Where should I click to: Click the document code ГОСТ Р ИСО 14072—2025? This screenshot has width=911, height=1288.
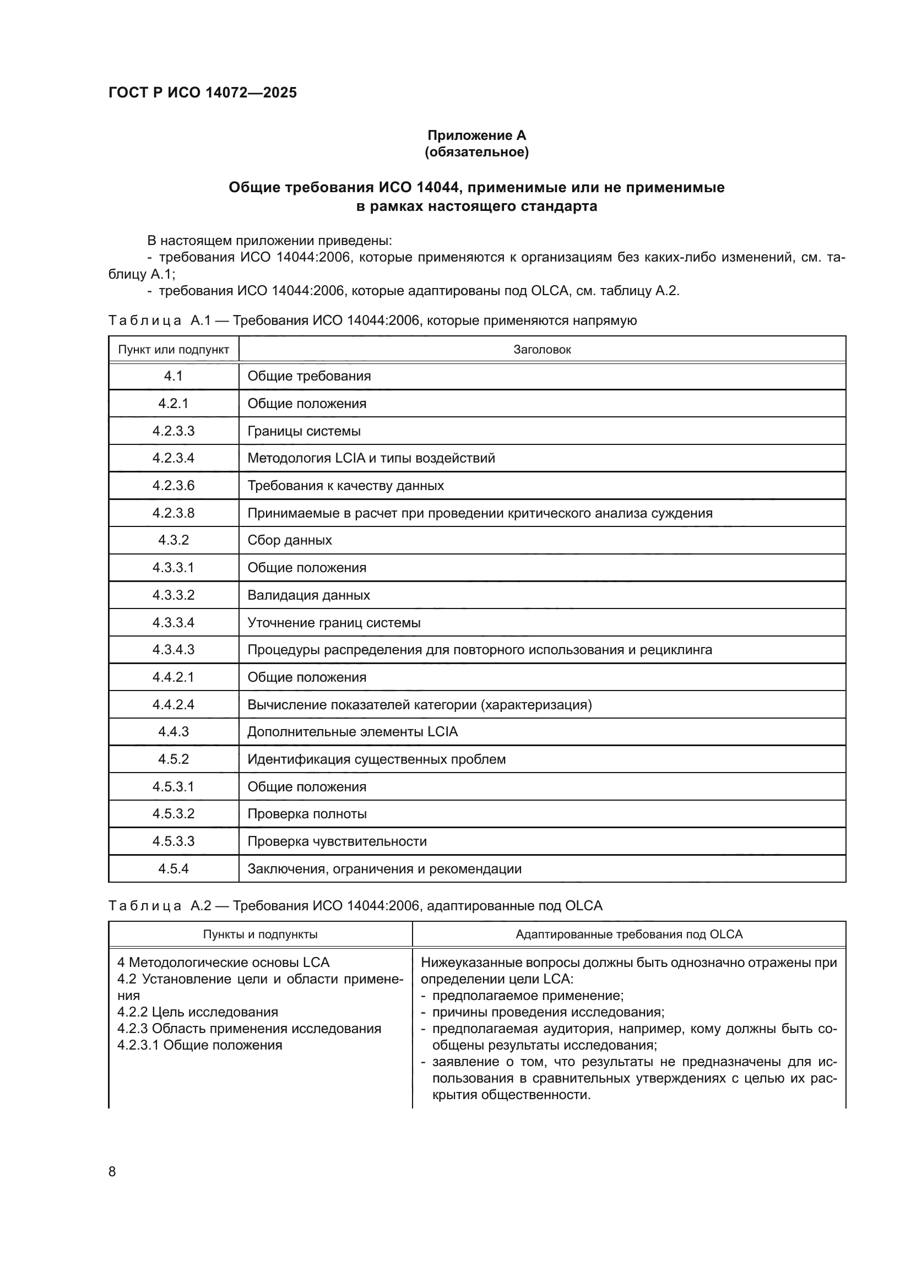click(x=203, y=93)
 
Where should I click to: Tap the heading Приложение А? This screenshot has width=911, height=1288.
click(x=476, y=135)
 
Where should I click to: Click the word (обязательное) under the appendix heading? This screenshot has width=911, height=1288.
click(x=476, y=152)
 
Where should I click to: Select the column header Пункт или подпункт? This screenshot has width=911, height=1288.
click(x=173, y=350)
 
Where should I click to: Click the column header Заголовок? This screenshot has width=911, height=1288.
click(x=542, y=350)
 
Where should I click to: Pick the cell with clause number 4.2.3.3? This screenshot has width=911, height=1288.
click(x=173, y=431)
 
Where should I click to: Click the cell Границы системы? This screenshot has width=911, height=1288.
click(x=304, y=431)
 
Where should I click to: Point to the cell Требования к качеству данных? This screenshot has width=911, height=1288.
click(x=345, y=485)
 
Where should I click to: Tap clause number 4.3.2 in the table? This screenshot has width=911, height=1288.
click(x=173, y=540)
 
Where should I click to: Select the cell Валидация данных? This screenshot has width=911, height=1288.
click(x=308, y=595)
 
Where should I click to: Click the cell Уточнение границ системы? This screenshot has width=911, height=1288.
click(x=334, y=623)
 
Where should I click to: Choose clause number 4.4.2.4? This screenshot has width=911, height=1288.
click(x=173, y=705)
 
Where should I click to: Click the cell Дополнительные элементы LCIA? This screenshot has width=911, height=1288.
click(x=353, y=731)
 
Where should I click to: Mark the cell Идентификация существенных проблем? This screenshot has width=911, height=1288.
click(x=376, y=759)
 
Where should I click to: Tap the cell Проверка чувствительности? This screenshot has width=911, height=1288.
click(x=337, y=841)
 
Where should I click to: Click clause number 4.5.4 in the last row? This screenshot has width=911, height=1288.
click(x=173, y=868)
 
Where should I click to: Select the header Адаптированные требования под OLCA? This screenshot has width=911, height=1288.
click(x=628, y=934)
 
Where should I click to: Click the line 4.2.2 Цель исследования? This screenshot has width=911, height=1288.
click(x=198, y=1012)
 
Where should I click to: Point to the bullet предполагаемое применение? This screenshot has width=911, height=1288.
click(x=527, y=996)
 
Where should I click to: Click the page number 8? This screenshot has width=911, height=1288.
click(x=112, y=1171)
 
